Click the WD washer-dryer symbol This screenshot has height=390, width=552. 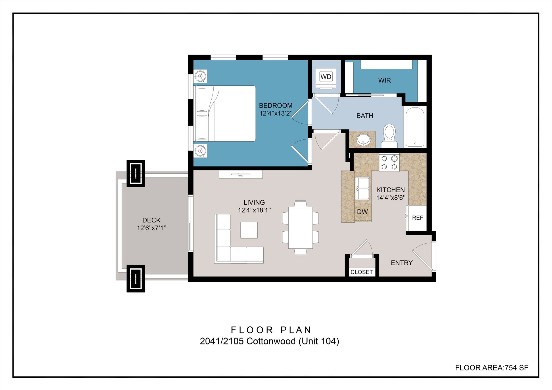click(x=326, y=78)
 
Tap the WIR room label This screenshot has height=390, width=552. click(x=384, y=80)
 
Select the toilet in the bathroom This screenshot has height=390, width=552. click(x=389, y=136)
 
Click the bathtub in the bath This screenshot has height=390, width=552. click(x=415, y=127)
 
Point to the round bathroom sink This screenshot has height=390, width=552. click(x=363, y=140)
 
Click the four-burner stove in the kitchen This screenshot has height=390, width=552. click(x=389, y=162)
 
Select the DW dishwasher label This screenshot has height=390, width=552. click(x=362, y=212)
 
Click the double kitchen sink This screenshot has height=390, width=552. click(x=363, y=188)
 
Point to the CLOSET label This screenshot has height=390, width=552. click(x=362, y=272)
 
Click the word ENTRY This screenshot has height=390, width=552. click(x=402, y=263)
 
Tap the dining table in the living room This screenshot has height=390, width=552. click(x=300, y=227)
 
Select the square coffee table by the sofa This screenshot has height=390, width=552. click(x=249, y=230)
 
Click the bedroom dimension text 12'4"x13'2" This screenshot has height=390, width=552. click(x=276, y=113)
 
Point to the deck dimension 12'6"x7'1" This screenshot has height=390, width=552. click(x=152, y=228)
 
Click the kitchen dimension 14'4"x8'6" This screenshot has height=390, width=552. click(x=391, y=197)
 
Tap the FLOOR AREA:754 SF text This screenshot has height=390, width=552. click(x=492, y=368)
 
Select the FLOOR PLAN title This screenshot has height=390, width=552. click(x=271, y=330)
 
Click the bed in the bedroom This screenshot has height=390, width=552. click(x=225, y=114)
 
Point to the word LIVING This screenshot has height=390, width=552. click(x=254, y=202)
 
